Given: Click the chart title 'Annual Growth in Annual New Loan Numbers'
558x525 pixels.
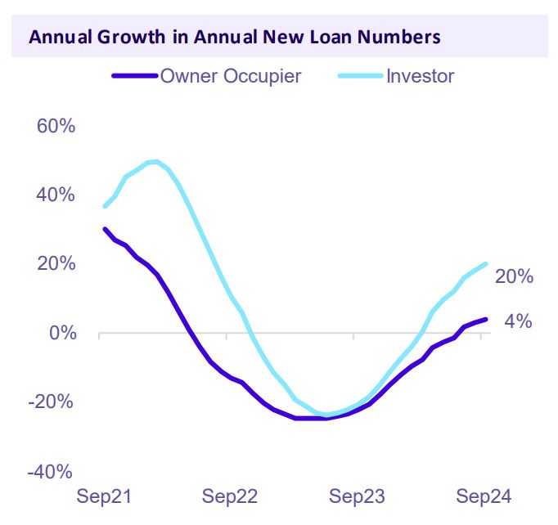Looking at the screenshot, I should [x=234, y=38].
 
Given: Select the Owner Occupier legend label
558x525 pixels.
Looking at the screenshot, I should [x=231, y=76].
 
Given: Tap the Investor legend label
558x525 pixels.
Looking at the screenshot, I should [x=420, y=76].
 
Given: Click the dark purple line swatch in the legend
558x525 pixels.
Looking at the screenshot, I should [x=134, y=76].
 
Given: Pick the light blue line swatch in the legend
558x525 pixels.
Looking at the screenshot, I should [x=359, y=76].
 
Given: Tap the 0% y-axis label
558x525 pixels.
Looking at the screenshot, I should [x=61, y=334].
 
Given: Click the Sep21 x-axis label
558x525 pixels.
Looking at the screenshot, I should [x=104, y=496].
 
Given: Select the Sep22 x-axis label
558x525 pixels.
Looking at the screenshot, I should [x=231, y=496].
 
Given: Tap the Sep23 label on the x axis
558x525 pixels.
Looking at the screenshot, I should [x=358, y=496].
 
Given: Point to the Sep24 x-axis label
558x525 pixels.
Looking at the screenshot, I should [x=484, y=496].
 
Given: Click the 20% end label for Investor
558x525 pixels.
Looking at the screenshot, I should [x=514, y=277].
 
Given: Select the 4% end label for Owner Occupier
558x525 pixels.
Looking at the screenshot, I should [x=518, y=321].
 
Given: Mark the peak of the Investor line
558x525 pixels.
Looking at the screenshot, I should [x=154, y=161].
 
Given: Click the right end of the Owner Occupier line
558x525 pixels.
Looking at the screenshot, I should [x=486, y=319].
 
